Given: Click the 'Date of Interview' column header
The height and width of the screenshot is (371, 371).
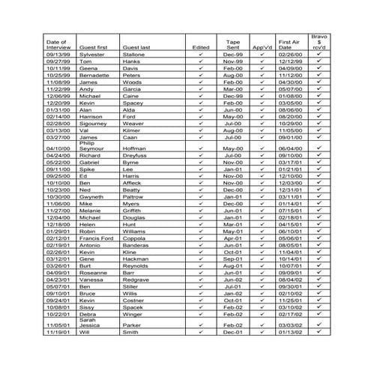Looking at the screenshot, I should tap(57, 43).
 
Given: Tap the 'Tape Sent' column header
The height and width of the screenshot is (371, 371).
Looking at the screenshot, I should tap(233, 43).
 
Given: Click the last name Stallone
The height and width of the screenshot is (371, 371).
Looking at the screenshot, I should tap(136, 54).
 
